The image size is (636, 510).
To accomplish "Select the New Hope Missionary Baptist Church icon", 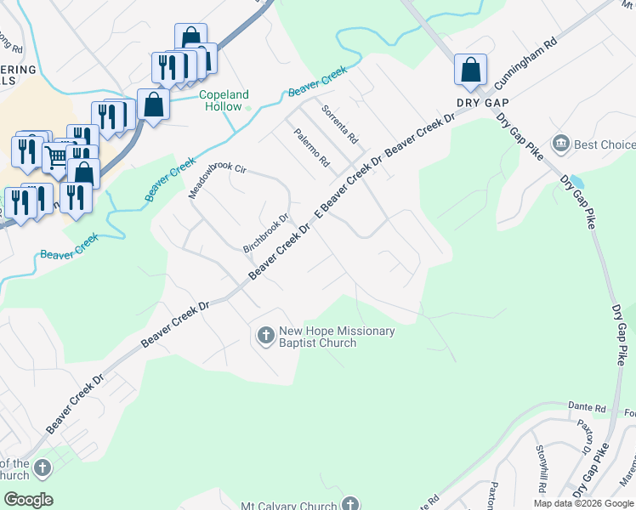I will (264, 337).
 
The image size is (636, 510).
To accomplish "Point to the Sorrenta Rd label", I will (340, 124).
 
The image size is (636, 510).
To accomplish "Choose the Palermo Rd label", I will (312, 147).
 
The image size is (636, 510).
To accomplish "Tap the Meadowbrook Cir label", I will (216, 181).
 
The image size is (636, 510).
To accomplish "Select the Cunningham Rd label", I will (527, 63).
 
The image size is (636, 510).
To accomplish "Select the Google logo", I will (27, 500).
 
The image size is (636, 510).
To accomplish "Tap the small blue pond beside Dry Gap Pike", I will (577, 182).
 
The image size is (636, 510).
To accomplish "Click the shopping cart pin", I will (54, 156).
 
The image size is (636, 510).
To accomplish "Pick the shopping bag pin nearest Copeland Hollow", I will (153, 105).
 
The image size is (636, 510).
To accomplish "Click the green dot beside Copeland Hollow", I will (248, 107).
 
